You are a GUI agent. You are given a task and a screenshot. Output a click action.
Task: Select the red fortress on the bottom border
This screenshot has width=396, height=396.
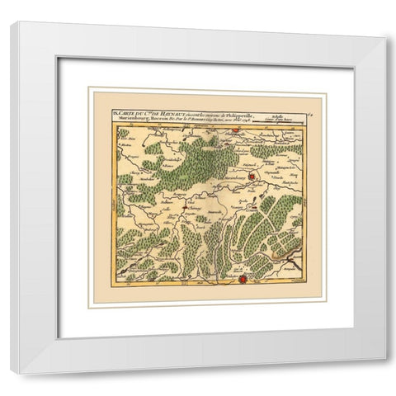click(243, 283)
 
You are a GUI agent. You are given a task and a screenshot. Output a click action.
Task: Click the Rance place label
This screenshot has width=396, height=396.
click(157, 177)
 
